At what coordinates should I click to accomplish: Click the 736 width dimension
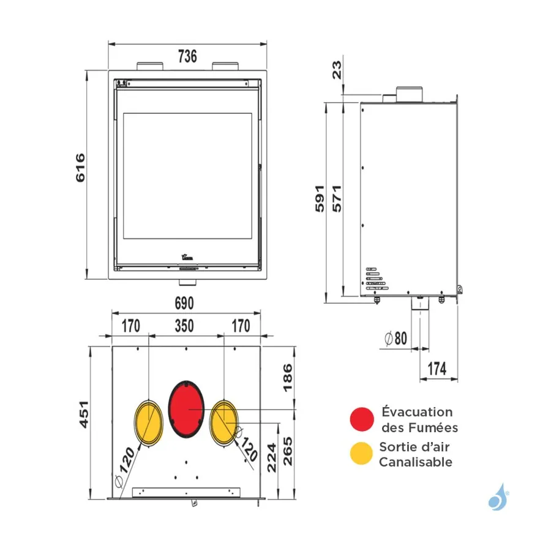click(x=187, y=56)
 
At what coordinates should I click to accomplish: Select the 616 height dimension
click(x=80, y=168)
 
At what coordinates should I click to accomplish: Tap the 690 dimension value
click(x=184, y=304)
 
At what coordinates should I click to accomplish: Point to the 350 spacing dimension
click(x=184, y=326)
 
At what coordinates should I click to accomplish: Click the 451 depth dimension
click(x=84, y=414)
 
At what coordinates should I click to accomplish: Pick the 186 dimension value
click(x=288, y=378)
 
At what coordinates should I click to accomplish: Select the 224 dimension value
click(x=272, y=457)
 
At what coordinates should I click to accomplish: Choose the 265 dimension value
click(x=288, y=451)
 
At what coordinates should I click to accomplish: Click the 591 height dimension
click(x=320, y=198)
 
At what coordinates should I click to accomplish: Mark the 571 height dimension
click(x=337, y=198)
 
